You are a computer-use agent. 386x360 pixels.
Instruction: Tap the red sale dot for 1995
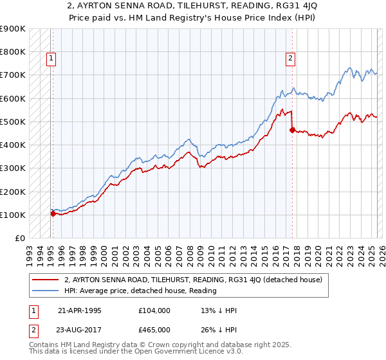(x=53, y=214)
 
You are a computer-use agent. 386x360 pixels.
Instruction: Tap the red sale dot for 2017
(x=292, y=130)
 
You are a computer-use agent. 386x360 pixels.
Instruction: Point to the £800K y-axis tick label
(x=12, y=52)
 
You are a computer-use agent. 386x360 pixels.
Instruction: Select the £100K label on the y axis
(x=12, y=215)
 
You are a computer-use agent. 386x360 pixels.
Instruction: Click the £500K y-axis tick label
(x=12, y=122)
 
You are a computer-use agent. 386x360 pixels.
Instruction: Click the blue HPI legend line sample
(x=46, y=291)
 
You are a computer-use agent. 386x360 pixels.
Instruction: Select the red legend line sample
(x=46, y=280)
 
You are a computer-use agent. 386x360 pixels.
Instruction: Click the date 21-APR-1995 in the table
(x=80, y=310)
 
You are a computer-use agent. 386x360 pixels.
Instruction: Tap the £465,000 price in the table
(x=154, y=330)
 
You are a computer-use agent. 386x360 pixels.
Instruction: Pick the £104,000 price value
(x=154, y=310)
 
